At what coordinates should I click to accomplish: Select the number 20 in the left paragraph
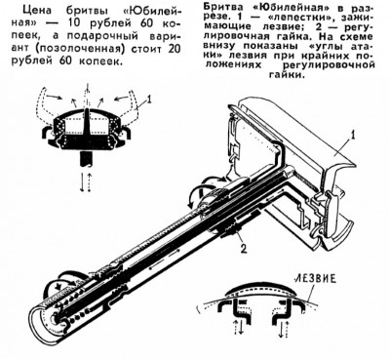tap(174, 48)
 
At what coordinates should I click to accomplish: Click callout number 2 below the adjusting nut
tap(243, 249)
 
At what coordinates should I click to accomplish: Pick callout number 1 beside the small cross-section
tap(149, 98)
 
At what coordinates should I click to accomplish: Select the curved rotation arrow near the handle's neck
tap(197, 192)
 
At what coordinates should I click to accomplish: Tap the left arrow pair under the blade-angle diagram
tap(238, 328)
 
